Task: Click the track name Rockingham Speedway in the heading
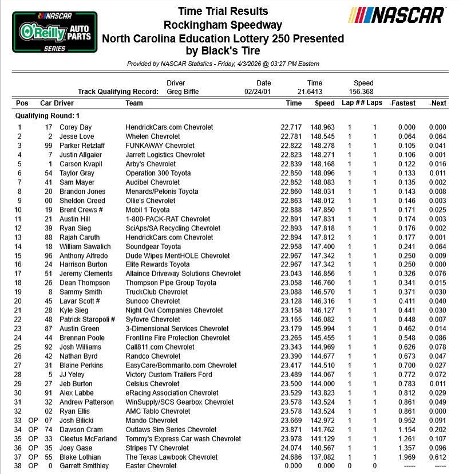click(223, 25)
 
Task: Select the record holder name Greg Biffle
click(184, 92)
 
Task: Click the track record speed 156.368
click(363, 92)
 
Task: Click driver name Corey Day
click(76, 127)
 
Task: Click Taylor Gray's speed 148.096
click(324, 173)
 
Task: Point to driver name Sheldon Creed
click(82, 201)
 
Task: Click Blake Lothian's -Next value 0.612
click(438, 457)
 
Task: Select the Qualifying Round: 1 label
click(48, 116)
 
